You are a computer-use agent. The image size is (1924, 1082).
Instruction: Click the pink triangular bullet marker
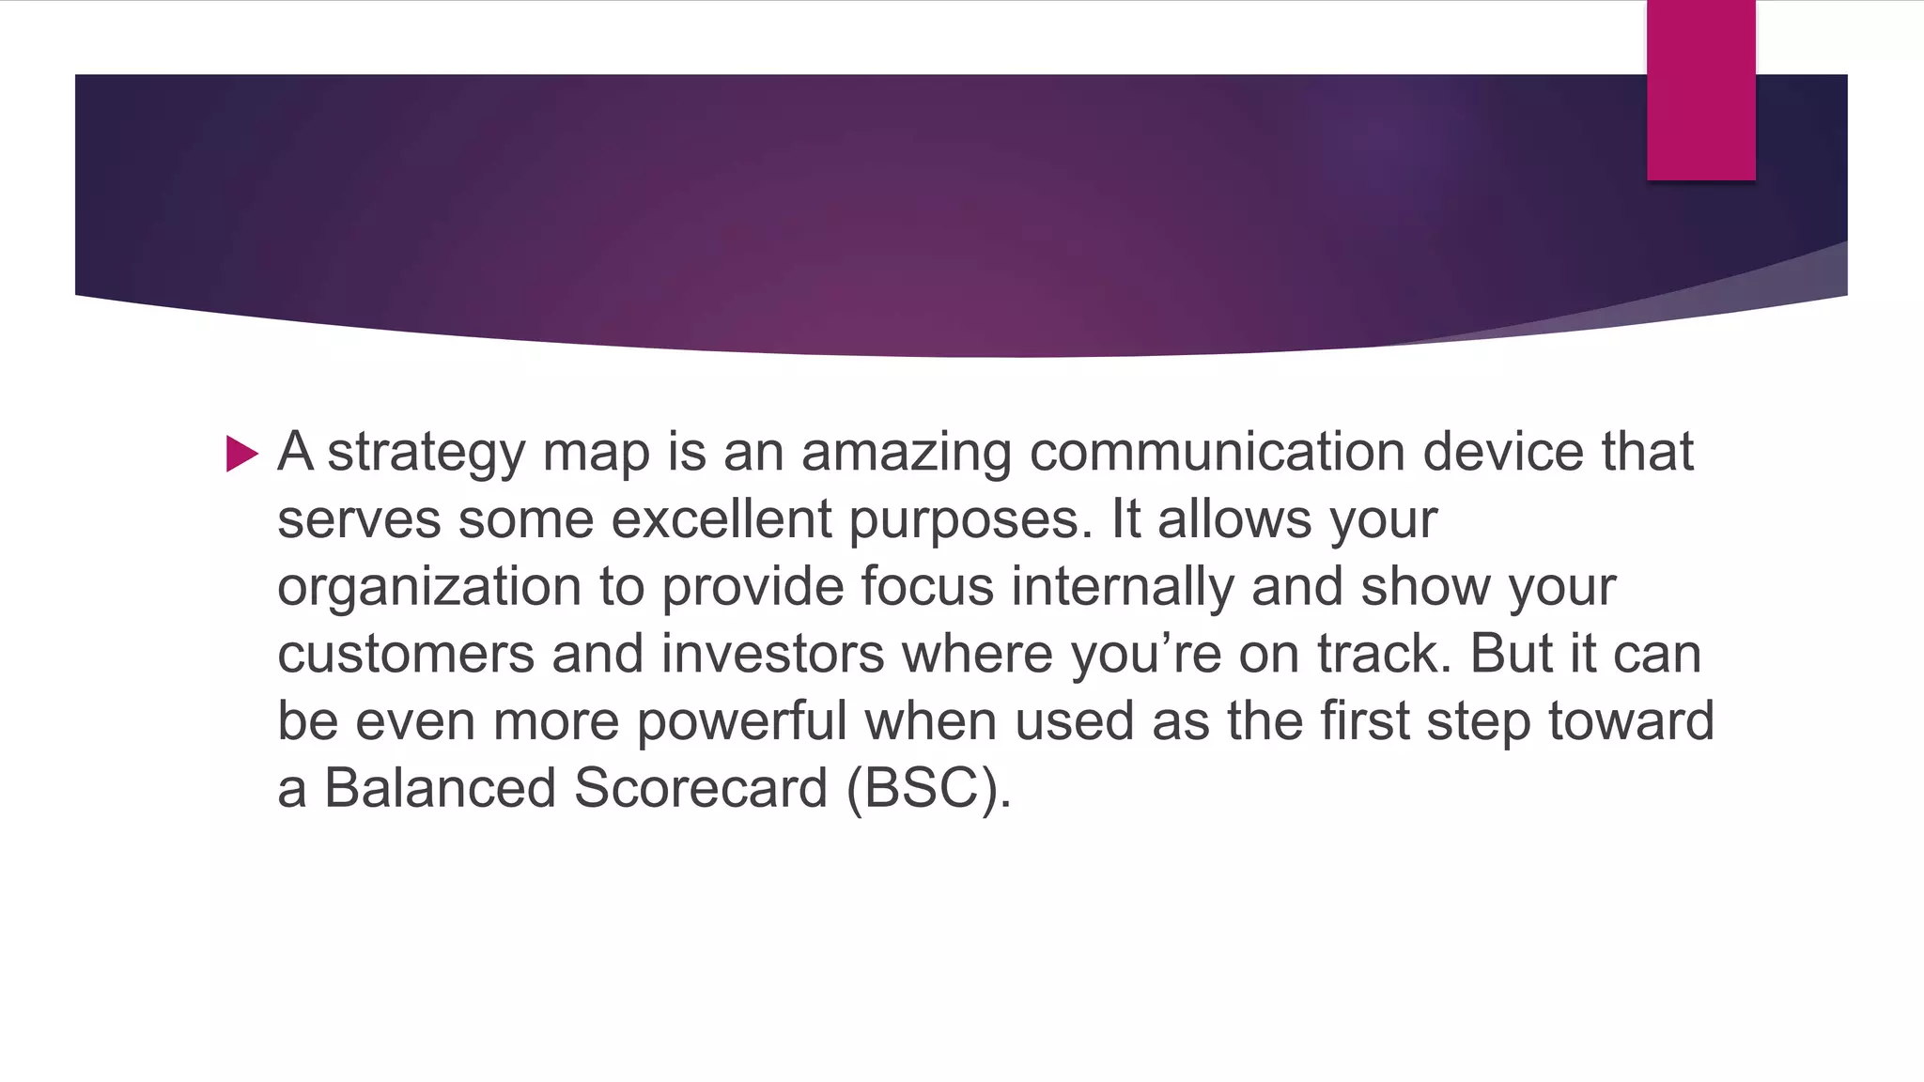pyautogui.click(x=241, y=454)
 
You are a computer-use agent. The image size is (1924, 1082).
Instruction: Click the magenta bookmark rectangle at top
pyautogui.click(x=1700, y=89)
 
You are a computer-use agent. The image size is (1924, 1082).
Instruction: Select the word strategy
pyautogui.click(x=426, y=454)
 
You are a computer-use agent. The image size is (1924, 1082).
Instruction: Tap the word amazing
pyautogui.click(x=906, y=452)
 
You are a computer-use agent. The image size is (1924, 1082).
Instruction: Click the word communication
pyautogui.click(x=1217, y=452)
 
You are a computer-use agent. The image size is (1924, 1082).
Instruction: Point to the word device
pyautogui.click(x=1502, y=452)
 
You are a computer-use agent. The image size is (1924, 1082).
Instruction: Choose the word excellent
pyautogui.click(x=721, y=519)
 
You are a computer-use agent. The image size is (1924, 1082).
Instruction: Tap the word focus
pyautogui.click(x=926, y=587)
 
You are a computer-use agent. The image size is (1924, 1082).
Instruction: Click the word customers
pyautogui.click(x=405, y=655)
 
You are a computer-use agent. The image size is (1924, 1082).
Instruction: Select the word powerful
pyautogui.click(x=741, y=722)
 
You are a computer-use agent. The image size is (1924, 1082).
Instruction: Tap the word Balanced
pyautogui.click(x=440, y=788)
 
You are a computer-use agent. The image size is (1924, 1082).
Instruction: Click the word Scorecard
pyautogui.click(x=701, y=788)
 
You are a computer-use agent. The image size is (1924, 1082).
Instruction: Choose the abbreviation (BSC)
pyautogui.click(x=927, y=789)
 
